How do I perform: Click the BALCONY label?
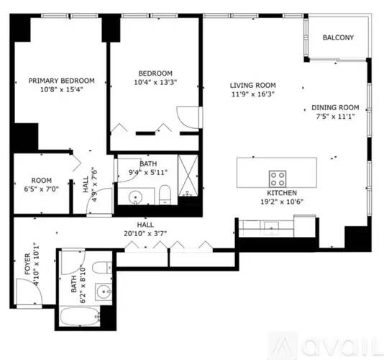click(x=338, y=37)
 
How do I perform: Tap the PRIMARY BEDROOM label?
click(x=61, y=81)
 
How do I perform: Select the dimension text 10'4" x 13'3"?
click(x=155, y=82)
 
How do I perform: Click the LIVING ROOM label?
click(x=252, y=86)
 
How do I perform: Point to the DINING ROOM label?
click(x=335, y=107)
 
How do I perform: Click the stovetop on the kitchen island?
click(x=278, y=179)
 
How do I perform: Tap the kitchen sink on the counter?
click(x=271, y=228)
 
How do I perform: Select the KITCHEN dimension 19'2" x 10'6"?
click(x=282, y=202)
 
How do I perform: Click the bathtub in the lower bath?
click(x=80, y=317)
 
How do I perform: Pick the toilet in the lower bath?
click(x=102, y=267)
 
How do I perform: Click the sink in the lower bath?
click(x=104, y=292)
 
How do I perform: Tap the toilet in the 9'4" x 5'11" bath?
click(x=165, y=195)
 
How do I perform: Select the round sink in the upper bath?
click(x=135, y=197)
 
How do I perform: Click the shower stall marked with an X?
click(x=188, y=176)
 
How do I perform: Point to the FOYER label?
click(x=27, y=264)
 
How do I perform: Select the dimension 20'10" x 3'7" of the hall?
click(x=145, y=234)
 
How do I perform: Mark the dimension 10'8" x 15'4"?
click(x=61, y=89)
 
